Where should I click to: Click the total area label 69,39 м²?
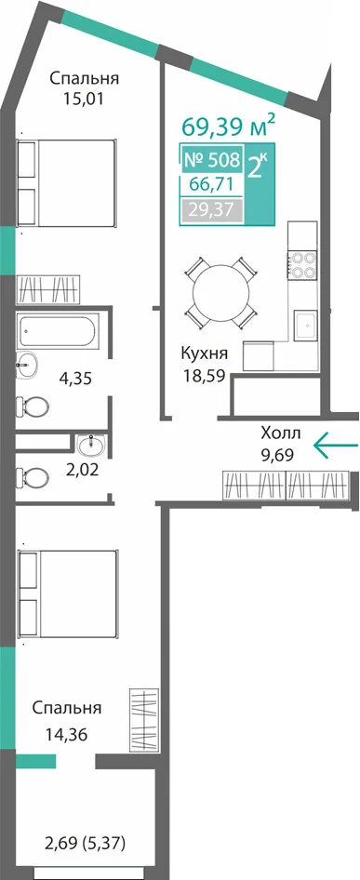pos(229,127)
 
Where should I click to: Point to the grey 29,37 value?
pos(212,210)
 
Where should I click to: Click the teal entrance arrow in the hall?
pos(335,446)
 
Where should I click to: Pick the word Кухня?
pos(204,354)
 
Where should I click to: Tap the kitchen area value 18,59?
pos(204,375)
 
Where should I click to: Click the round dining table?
pos(220,292)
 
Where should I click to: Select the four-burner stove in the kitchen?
pos(302,264)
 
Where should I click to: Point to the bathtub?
pos(58,330)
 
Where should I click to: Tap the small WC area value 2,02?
pos(83,469)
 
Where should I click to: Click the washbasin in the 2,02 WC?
pos(91,446)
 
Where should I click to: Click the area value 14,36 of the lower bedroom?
pos(67,734)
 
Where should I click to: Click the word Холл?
pos(281,433)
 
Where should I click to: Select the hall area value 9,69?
pos(279,453)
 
